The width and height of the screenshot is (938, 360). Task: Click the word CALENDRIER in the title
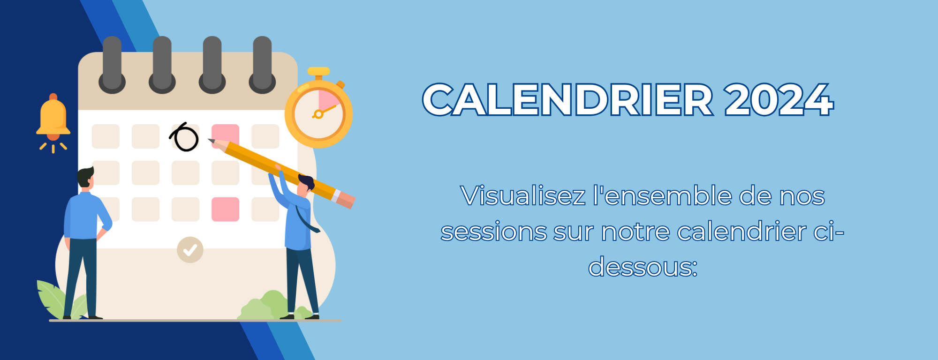[568, 100]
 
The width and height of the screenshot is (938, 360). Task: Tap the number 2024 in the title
[779, 100]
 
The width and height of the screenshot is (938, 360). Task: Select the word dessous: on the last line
[643, 267]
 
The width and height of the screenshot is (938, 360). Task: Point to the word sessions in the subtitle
[494, 232]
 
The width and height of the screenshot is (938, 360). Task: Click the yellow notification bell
[53, 123]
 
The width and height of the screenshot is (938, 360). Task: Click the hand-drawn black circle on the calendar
[184, 137]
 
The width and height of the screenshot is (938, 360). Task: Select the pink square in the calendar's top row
[225, 136]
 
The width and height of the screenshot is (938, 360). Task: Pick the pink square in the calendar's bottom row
[225, 209]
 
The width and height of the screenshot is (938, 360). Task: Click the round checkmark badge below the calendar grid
[190, 250]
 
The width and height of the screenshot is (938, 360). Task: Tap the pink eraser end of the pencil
[345, 199]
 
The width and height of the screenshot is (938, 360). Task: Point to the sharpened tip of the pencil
[210, 140]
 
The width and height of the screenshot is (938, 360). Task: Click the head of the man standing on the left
[86, 177]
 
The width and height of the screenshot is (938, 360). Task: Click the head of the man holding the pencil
[305, 185]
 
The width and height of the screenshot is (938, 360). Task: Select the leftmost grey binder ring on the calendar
[112, 65]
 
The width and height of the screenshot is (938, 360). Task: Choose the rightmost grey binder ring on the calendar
[262, 65]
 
